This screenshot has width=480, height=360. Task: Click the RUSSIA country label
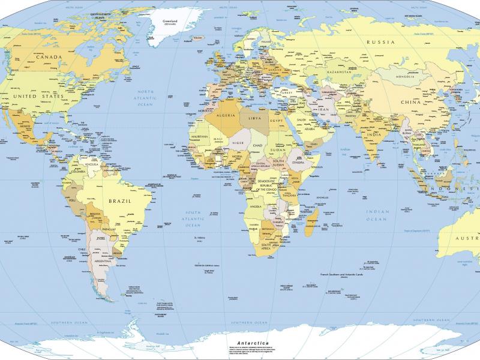[380, 42]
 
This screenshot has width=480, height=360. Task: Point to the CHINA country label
[413, 103]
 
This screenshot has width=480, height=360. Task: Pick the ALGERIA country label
[224, 115]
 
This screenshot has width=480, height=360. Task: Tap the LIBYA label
[256, 118]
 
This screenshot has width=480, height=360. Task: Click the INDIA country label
[373, 134]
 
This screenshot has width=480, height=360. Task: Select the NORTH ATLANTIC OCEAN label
[145, 98]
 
